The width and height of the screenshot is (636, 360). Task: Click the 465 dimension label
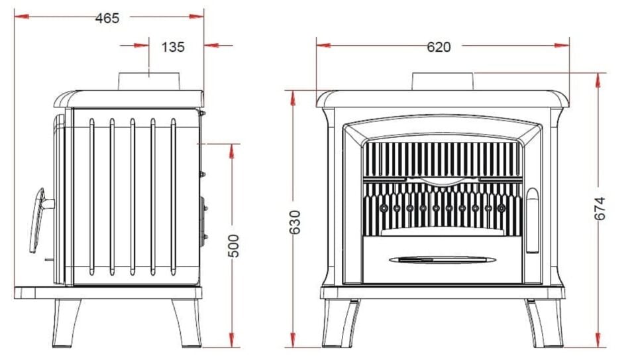point(107,19)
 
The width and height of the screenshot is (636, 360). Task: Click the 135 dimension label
point(173,47)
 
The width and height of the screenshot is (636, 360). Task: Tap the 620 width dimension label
point(439,47)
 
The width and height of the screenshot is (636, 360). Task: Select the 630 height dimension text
point(295,222)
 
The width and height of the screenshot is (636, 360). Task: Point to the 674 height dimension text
point(600,209)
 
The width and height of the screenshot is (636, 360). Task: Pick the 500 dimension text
point(234,246)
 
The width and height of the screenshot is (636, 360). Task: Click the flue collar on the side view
point(149,82)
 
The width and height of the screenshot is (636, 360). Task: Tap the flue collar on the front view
point(443,82)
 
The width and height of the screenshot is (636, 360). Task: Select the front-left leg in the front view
point(341,324)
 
